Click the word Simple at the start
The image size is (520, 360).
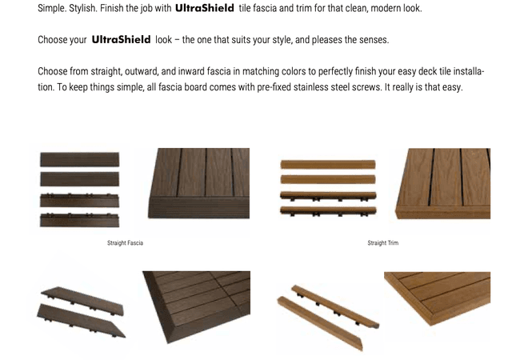[x=53, y=8]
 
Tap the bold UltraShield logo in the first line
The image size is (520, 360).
[x=204, y=8]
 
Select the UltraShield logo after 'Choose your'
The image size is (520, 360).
[x=121, y=39]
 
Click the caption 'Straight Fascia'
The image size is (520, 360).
[x=125, y=242]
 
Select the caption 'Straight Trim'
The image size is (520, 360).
[x=382, y=242]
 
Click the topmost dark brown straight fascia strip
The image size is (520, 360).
[x=79, y=159]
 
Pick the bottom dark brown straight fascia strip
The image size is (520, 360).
[x=79, y=218]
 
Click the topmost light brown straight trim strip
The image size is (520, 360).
[x=327, y=164]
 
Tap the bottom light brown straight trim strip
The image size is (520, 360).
[x=327, y=210]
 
